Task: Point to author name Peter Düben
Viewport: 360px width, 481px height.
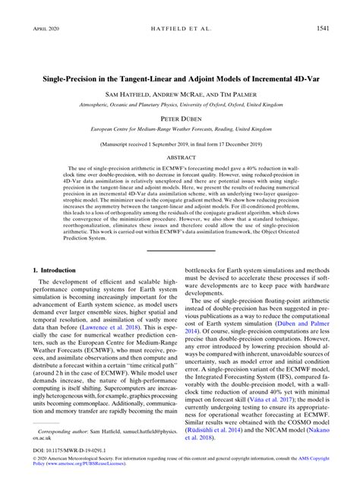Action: click(x=179, y=119)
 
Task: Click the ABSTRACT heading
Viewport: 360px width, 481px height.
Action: click(x=179, y=157)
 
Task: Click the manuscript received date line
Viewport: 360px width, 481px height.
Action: click(x=179, y=141)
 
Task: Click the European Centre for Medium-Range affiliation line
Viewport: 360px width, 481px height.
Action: click(x=179, y=130)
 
